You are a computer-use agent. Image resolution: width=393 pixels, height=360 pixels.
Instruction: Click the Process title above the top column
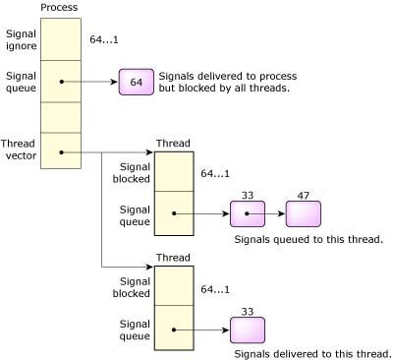pyautogui.click(x=59, y=8)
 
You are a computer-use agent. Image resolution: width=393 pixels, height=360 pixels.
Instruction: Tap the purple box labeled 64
pyautogui.click(x=136, y=82)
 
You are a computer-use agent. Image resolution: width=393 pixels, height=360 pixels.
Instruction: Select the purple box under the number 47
pyautogui.click(x=303, y=212)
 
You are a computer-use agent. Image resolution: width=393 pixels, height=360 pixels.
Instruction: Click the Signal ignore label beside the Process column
pyautogui.click(x=20, y=38)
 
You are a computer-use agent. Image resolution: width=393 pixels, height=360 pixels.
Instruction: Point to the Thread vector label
pyautogui.click(x=20, y=150)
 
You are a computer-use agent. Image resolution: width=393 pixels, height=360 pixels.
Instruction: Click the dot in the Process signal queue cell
pyautogui.click(x=62, y=82)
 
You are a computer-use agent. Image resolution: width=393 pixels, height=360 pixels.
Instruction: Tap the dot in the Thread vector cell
pyautogui.click(x=62, y=151)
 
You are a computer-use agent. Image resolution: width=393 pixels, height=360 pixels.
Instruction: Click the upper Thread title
pyautogui.click(x=174, y=144)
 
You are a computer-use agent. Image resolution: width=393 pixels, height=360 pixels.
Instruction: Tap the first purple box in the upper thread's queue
pyautogui.click(x=248, y=212)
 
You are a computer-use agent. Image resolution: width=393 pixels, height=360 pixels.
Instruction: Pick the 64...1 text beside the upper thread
pyautogui.click(x=215, y=174)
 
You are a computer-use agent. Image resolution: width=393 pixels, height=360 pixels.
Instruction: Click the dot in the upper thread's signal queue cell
pyautogui.click(x=175, y=212)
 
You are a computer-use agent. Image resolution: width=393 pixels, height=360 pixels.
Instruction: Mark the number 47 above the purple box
pyautogui.click(x=303, y=194)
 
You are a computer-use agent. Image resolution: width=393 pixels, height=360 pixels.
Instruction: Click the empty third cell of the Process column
pyautogui.click(x=60, y=116)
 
